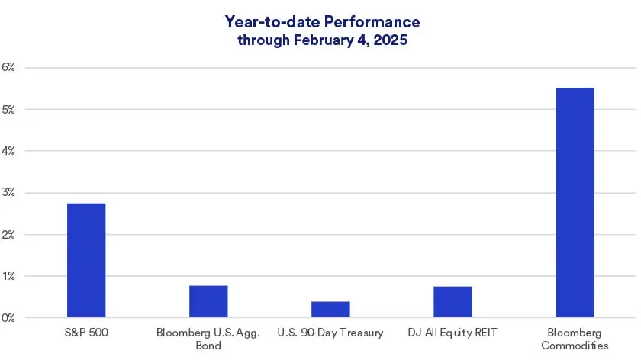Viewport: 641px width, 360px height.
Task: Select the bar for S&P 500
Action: tap(86, 260)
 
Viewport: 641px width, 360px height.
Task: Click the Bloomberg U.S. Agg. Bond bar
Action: tap(208, 301)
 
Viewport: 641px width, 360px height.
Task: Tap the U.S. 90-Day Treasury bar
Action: tap(330, 309)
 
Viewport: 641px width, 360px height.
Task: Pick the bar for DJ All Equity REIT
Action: tap(453, 301)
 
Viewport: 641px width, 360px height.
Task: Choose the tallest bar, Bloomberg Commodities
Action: tap(575, 202)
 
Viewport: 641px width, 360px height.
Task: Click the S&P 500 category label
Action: tap(86, 333)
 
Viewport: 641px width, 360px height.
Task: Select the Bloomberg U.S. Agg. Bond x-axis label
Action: tap(208, 339)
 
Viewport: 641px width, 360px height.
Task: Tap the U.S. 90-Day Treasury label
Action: tap(330, 333)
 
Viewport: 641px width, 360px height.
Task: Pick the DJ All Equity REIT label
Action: tap(453, 333)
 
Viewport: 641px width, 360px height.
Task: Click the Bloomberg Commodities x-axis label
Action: tap(575, 339)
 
